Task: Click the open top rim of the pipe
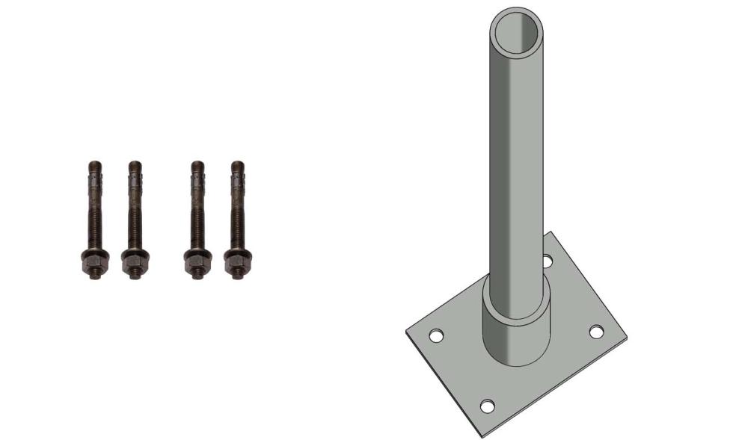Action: coord(516,32)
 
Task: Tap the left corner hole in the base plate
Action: coord(435,336)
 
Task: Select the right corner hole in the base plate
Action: coord(596,332)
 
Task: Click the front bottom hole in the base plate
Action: coord(487,406)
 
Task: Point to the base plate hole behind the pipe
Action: coord(548,261)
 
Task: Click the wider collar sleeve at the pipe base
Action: coord(516,329)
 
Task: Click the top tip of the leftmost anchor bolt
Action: coord(93,165)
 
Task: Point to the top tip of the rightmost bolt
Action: coord(238,165)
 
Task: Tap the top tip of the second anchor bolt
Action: coord(135,165)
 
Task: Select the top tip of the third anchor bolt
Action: coord(197,165)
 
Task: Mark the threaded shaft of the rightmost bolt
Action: coord(236,224)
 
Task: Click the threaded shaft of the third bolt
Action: coord(196,224)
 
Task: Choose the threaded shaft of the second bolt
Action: coord(134,224)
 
